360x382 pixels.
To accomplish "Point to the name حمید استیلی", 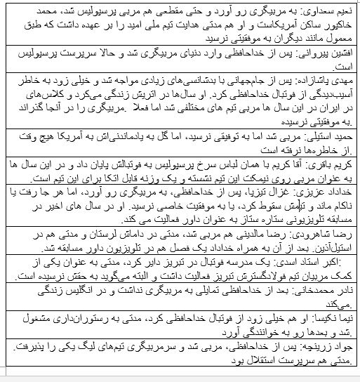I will [x=333, y=133].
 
